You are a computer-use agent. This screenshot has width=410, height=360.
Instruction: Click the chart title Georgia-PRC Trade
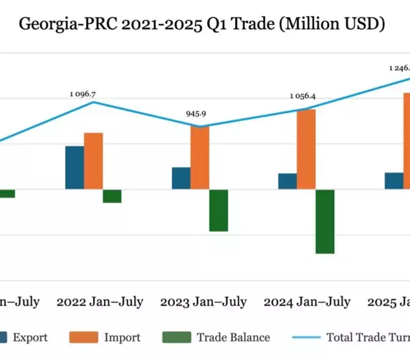tap(201, 24)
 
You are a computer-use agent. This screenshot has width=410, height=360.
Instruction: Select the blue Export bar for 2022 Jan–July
tap(74, 167)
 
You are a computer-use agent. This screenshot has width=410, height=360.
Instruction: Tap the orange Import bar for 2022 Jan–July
tap(93, 161)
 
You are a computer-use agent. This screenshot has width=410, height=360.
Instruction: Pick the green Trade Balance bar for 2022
tap(112, 196)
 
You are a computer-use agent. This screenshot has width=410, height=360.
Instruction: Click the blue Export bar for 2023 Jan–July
tap(181, 178)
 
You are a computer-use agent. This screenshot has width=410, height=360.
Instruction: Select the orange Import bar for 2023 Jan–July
tap(200, 157)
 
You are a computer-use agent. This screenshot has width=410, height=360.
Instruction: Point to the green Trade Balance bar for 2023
tap(218, 210)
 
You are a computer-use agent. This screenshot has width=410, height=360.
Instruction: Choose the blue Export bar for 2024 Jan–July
tap(287, 181)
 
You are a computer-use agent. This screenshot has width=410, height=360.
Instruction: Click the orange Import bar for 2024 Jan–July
tap(306, 149)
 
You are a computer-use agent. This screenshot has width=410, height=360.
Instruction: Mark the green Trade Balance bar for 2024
tap(325, 221)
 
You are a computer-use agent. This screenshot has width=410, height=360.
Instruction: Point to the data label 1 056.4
tap(303, 97)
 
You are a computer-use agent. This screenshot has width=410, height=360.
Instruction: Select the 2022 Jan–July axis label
tap(99, 302)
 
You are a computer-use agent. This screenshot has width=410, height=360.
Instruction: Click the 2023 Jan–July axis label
tap(203, 302)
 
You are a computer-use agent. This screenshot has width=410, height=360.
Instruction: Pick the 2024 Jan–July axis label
tap(307, 302)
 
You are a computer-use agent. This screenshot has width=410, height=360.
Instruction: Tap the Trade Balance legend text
tap(233, 338)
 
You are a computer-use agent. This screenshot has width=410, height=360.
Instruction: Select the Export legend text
tap(30, 338)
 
